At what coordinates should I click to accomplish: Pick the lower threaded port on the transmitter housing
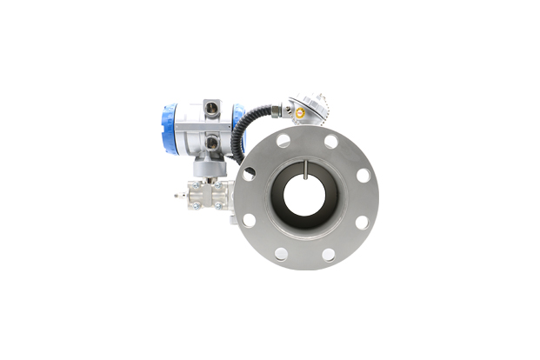coord(211,141)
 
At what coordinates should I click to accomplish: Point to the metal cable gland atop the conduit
coord(275,110)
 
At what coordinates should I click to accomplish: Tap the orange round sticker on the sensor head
coord(299,112)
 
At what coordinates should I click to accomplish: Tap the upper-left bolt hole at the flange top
coord(283,140)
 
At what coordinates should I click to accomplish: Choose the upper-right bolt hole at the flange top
coord(330,141)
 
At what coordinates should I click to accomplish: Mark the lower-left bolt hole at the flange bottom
coord(282,254)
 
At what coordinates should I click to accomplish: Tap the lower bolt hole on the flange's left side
coord(249,221)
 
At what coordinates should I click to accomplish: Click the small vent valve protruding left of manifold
coord(177,195)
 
